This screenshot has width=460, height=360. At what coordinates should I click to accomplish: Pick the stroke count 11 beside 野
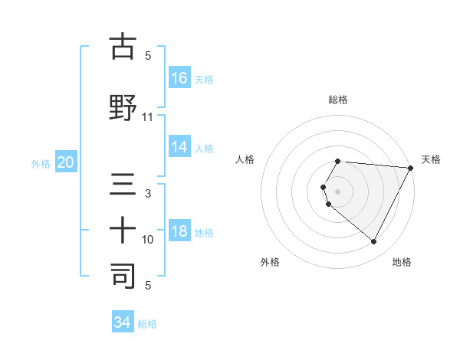(x=148, y=117)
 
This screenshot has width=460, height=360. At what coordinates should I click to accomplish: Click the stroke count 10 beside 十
(x=148, y=240)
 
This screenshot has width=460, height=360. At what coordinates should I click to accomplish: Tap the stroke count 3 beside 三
(x=148, y=194)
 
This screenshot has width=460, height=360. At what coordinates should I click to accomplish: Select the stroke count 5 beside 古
(x=148, y=56)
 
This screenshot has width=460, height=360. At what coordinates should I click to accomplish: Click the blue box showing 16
(x=179, y=77)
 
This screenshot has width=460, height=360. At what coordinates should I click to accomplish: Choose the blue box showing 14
(x=179, y=147)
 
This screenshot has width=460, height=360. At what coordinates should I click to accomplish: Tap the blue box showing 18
(x=179, y=231)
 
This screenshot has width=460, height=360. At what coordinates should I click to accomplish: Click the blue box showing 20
(x=65, y=162)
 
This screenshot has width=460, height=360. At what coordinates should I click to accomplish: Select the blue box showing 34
(x=122, y=322)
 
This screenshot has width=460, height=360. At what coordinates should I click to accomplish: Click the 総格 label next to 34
(x=147, y=324)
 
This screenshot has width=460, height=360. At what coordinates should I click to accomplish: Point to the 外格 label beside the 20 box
(x=41, y=163)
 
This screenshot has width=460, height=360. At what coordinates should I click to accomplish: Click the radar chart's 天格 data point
(x=411, y=168)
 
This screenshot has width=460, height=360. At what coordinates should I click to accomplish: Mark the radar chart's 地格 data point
(x=374, y=242)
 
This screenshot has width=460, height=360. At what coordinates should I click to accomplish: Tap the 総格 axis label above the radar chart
(x=338, y=100)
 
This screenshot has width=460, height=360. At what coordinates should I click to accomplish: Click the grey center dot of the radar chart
(x=338, y=191)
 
